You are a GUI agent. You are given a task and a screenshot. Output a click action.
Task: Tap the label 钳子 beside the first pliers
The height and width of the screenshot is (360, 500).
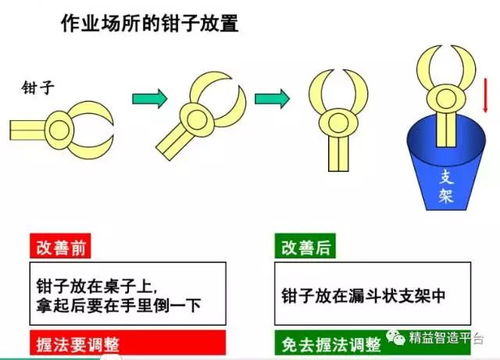click(37, 88)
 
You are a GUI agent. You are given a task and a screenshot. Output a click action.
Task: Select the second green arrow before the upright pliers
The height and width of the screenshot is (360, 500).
click(270, 98)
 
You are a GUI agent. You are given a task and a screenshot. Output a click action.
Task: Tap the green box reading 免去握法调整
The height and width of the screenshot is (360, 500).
click(330, 345)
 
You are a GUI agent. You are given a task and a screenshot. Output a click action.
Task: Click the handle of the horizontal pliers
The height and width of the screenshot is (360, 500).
click(36, 128)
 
